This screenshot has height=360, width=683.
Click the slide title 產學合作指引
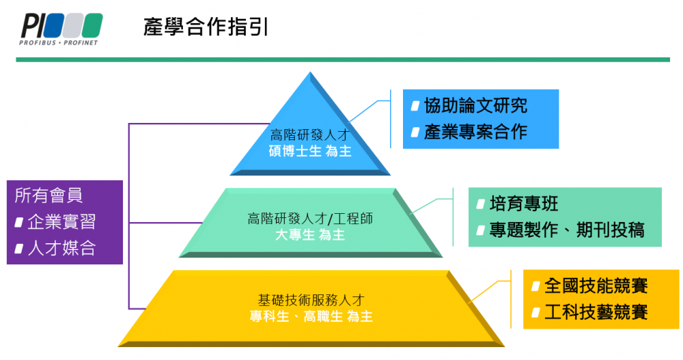coord(206,27)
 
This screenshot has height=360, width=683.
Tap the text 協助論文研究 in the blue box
coord(475,105)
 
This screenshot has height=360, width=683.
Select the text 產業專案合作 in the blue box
coord(475,131)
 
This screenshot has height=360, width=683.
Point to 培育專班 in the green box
coord(524,204)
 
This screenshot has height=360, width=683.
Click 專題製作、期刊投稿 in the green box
coord(566,230)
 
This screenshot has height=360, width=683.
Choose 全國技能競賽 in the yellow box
coord(596,286)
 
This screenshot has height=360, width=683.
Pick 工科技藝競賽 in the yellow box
coord(596,313)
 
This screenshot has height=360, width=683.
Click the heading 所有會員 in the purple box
coord(48,195)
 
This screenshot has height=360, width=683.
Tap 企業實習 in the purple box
coord(61,222)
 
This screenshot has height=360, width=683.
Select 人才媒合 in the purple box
coord(61,248)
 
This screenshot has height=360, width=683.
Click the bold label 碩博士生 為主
coord(310,151)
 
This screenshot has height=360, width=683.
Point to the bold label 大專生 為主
coord(310,235)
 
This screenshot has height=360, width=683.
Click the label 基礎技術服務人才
coord(311,300)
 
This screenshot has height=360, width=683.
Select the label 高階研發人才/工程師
coord(310,219)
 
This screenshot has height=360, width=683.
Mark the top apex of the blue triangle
coord(311,74)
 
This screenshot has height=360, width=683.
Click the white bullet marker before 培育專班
coord(480,204)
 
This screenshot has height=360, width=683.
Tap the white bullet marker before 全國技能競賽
coord(535,286)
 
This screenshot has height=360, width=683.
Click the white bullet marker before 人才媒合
coord(19,249)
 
